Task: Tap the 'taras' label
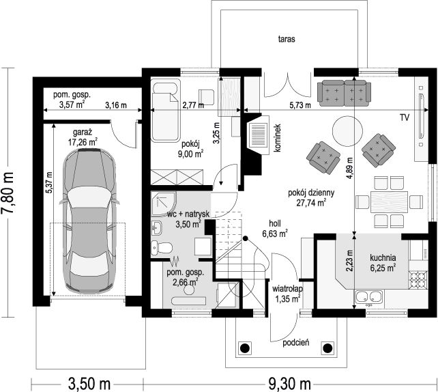pyautogui.click(x=287, y=39)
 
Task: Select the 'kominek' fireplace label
pyautogui.click(x=278, y=138)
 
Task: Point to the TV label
pyautogui.click(x=405, y=117)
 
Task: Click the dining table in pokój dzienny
pyautogui.click(x=389, y=201)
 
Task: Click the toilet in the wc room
pyautogui.click(x=162, y=248)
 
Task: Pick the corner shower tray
pyautogui.click(x=163, y=204)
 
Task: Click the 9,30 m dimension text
pyautogui.click(x=290, y=384)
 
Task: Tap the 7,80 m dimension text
pyautogui.click(x=8, y=193)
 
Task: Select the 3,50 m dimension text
pyautogui.click(x=89, y=384)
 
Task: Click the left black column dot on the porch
pyautogui.click(x=245, y=348)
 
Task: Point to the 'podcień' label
pyautogui.click(x=296, y=343)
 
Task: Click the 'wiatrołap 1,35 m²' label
pyautogui.click(x=288, y=294)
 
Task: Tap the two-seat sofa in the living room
pyautogui.click(x=344, y=93)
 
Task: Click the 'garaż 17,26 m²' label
pyautogui.click(x=83, y=137)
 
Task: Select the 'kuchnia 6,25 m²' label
pyautogui.click(x=383, y=263)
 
